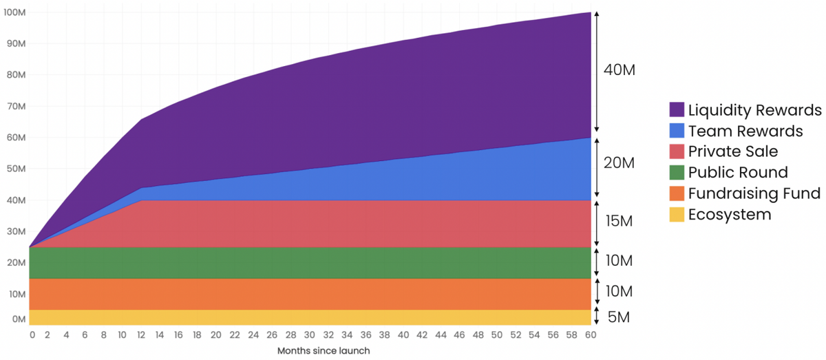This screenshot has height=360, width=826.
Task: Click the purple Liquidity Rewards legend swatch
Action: click(677, 110)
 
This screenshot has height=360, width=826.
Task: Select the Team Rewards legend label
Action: click(745, 131)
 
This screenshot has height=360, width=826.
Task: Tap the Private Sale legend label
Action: click(733, 151)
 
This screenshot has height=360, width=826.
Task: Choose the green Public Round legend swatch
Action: click(677, 173)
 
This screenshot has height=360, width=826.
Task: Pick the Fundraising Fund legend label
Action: click(754, 193)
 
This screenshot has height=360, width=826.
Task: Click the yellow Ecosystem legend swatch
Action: click(677, 214)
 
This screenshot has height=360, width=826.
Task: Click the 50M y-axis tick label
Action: click(15, 169)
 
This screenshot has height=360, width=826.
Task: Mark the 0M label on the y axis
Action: click(17, 319)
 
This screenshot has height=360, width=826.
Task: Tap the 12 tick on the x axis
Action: click(141, 335)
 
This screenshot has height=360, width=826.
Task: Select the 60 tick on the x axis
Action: click(590, 335)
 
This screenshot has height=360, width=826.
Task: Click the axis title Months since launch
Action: click(324, 351)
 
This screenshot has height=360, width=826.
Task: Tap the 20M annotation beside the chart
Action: click(618, 163)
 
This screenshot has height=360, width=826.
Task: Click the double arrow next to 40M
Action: click(597, 72)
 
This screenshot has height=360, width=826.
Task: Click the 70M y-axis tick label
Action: click(15, 107)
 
